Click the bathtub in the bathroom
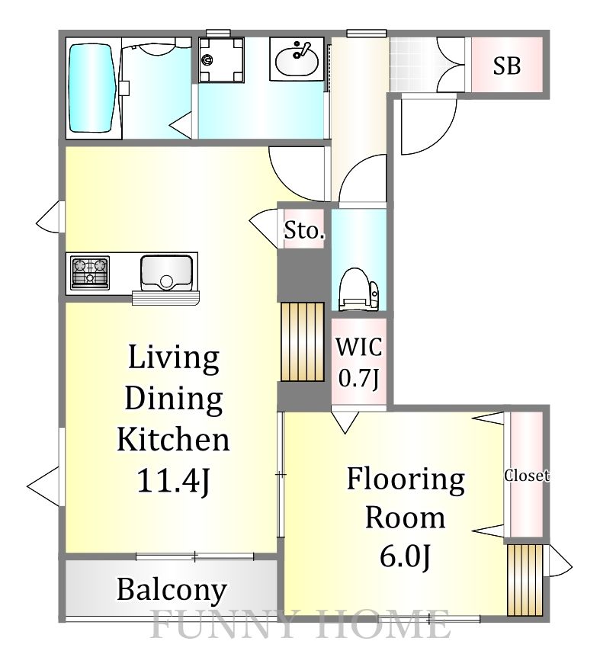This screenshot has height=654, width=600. [92, 88]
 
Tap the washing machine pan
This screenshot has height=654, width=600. [221, 60]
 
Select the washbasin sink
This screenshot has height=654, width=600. [297, 59]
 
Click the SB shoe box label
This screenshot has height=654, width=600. [507, 66]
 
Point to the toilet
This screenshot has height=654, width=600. [359, 289]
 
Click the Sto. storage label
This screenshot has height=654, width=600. [304, 230]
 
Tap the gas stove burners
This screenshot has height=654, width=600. [90, 272]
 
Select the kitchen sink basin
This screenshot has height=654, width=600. [166, 273]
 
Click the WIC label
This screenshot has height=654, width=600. [359, 347]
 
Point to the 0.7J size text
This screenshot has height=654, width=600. [359, 379]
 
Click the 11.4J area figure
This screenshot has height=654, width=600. [173, 480]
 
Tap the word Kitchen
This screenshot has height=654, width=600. [173, 439]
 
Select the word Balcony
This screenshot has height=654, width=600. [172, 591]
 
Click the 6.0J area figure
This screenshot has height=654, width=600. [405, 557]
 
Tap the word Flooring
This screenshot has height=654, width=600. [406, 480]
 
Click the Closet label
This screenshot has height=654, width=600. [527, 476]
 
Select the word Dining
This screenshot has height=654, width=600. [174, 399]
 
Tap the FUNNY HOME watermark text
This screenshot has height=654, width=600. [300, 624]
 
